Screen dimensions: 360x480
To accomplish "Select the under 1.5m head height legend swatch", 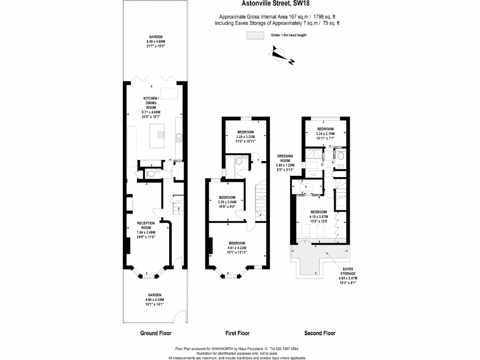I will (255, 35).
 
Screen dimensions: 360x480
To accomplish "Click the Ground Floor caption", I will (156, 333).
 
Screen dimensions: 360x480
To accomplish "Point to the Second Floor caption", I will (320, 333).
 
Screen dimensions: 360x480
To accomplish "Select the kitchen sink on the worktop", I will (179, 138).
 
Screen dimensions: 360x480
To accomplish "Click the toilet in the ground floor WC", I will (150, 173).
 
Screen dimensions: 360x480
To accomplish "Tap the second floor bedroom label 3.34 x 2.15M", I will (325, 131).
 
